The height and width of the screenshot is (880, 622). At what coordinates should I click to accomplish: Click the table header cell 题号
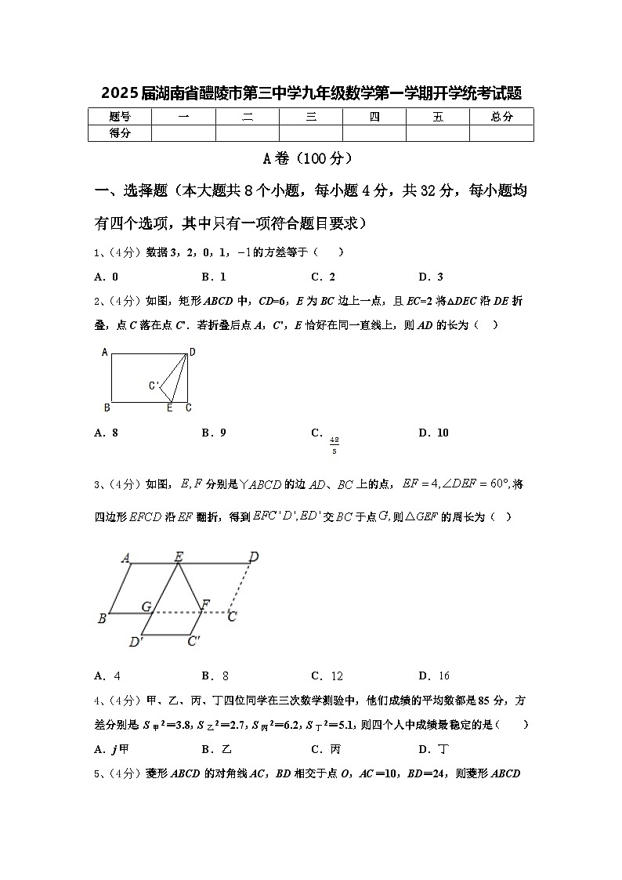coord(120,117)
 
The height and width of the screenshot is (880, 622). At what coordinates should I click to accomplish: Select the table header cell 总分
coord(501,117)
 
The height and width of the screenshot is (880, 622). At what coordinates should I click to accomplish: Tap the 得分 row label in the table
coord(120,133)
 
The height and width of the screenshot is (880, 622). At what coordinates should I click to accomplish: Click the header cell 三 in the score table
coord(311,117)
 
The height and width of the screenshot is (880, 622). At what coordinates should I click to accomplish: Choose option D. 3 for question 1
coord(431,277)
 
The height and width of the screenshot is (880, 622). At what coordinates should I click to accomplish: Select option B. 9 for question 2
coord(214,433)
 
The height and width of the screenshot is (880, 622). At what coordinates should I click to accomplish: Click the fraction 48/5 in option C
coord(335,445)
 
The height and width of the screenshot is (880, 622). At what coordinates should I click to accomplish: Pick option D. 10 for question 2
coord(433,433)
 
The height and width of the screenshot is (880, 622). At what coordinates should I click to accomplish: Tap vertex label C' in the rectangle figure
coord(154,386)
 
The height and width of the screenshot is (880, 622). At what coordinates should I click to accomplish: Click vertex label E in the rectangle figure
coord(169,407)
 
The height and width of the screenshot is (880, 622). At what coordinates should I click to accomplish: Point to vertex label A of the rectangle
coord(105,352)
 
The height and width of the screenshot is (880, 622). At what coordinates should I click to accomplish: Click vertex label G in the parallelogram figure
coord(146,606)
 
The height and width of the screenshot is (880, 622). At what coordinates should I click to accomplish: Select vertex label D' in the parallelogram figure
coord(136,643)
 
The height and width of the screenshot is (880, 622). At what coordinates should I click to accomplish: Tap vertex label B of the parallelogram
coord(102,619)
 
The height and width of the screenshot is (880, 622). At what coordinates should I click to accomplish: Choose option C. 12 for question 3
coord(327,675)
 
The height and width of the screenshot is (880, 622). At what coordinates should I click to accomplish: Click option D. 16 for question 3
coord(434,675)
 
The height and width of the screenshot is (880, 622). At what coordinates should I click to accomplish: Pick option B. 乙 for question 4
coord(214,748)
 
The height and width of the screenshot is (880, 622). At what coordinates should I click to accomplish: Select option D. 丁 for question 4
coord(431,748)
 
